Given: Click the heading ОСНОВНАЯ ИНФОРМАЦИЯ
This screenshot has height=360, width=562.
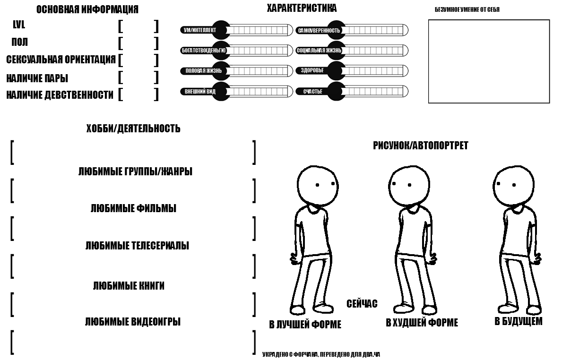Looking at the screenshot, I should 87,9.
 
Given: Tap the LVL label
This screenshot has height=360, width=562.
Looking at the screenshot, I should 19,26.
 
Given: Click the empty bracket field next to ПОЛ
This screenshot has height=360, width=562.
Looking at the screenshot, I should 138,43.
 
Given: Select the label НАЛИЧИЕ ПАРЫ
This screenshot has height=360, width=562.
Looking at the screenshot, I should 37,78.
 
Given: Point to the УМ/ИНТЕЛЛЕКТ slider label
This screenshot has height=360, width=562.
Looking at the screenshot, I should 199,30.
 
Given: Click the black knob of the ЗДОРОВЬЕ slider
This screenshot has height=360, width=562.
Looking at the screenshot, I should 335,70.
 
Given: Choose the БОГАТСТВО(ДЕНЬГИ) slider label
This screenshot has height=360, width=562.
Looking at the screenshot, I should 204,51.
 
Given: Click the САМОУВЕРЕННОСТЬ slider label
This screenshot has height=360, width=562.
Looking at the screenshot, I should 318,30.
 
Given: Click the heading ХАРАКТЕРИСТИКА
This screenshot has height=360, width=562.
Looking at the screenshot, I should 302,8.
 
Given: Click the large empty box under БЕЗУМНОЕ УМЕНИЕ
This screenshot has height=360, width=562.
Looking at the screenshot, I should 489,61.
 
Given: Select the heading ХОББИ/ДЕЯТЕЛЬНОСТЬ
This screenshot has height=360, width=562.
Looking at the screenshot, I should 133,129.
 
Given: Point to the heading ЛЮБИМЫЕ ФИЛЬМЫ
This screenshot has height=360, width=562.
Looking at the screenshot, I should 133,208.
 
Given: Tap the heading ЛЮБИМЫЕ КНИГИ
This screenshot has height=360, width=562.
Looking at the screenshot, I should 129,286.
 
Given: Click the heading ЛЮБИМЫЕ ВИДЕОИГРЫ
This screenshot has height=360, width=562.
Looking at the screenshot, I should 132,322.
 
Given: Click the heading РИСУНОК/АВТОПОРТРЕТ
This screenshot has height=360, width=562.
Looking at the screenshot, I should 420,146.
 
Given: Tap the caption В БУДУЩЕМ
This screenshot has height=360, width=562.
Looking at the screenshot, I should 518,322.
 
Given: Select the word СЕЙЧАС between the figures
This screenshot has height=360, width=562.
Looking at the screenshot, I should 362,304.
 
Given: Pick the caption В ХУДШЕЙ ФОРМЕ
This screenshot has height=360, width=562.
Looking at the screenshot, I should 422,323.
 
